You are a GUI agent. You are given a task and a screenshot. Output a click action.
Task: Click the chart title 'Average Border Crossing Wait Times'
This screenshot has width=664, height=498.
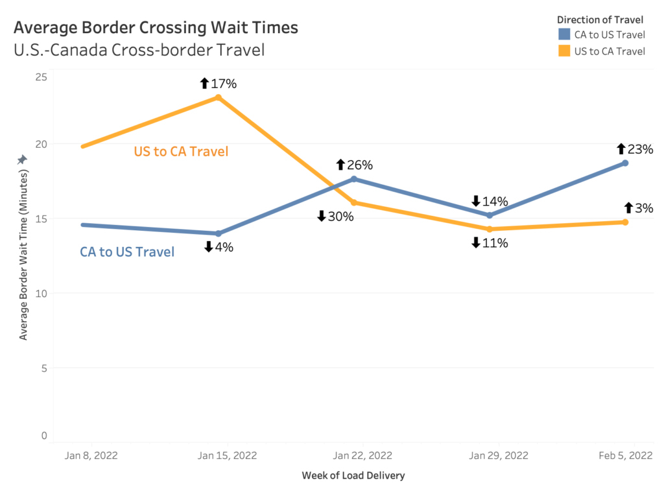[156, 27]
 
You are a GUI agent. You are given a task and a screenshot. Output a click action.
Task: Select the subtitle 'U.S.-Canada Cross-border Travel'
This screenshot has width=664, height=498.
[139, 49]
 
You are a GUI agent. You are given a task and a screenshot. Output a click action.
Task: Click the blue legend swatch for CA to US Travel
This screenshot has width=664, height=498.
[564, 34]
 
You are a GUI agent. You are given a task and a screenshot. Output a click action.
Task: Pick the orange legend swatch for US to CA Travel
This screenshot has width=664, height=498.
[564, 51]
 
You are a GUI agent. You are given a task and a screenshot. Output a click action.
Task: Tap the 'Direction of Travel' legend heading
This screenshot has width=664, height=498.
[600, 19]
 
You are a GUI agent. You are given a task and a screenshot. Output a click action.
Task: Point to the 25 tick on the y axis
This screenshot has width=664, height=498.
[41, 77]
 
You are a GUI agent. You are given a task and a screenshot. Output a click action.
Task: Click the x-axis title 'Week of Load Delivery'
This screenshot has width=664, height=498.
[353, 475]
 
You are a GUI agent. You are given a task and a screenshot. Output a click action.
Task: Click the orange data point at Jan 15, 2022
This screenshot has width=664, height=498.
[219, 97]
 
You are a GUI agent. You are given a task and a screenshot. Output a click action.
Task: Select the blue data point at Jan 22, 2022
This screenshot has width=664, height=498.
[354, 179]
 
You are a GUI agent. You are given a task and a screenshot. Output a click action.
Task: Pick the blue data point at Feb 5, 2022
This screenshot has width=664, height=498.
[625, 163]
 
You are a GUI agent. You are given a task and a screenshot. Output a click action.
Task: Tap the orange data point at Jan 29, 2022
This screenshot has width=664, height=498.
[490, 229]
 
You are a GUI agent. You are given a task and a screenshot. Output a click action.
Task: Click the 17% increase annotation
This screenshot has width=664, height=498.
[219, 83]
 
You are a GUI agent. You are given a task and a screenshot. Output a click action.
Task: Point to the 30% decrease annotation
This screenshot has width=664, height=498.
[335, 217]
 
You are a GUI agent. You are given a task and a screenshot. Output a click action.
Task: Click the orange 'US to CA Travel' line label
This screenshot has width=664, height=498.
[181, 152]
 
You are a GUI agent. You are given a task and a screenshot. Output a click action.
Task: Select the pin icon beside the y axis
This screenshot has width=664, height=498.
[22, 159]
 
